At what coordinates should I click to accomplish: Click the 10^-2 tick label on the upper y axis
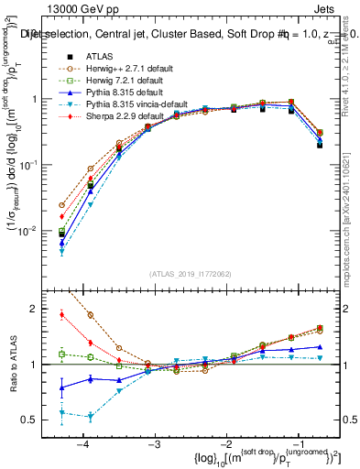click(37, 231)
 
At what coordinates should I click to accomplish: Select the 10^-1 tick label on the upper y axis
click(37, 165)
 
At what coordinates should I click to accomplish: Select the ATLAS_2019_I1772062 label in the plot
click(191, 274)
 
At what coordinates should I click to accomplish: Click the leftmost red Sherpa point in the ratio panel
click(61, 314)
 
